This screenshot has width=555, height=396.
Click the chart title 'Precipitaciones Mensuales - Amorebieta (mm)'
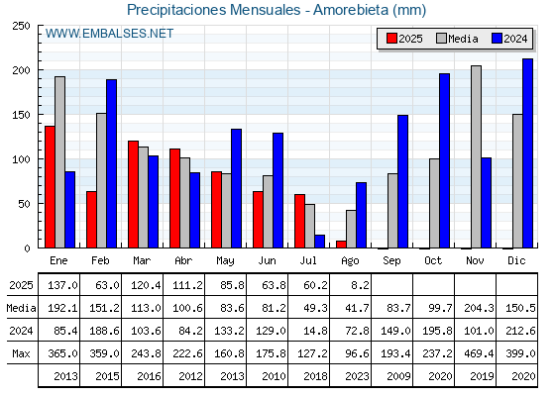tap(277, 10)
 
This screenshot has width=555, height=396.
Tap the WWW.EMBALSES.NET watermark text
tap(109, 34)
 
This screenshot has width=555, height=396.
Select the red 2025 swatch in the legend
tap(391, 39)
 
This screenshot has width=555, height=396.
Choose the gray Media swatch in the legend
tap(441, 39)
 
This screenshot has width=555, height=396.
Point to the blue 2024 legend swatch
tap(497, 39)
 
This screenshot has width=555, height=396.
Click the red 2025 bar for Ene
tap(50, 187)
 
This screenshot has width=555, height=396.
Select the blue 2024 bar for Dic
tap(527, 153)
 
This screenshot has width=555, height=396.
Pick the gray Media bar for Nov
tap(476, 156)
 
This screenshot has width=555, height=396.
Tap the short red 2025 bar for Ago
tap(341, 245)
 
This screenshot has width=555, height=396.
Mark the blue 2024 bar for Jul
tap(319, 242)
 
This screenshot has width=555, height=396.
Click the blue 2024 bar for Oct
tap(445, 160)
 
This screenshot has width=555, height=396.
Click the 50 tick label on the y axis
tap(24, 204)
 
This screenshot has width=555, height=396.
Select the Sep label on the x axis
tap(391, 261)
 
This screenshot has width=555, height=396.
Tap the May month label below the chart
tap(226, 261)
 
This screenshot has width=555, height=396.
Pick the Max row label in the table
tap(21, 353)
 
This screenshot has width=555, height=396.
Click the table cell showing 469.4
tap(479, 353)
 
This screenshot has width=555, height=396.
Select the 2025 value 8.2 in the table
tap(360, 285)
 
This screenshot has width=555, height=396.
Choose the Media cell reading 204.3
tap(479, 308)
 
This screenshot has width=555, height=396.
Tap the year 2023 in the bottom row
tap(357, 376)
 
